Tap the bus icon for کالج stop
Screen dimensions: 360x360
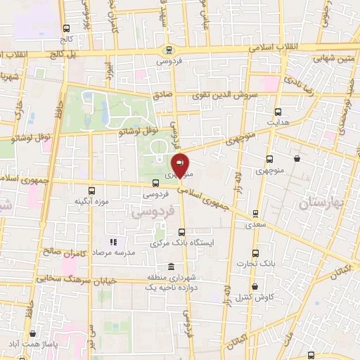pos(66,29)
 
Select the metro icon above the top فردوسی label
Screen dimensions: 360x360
pos(169,49)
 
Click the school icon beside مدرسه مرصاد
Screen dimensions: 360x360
pos(112,242)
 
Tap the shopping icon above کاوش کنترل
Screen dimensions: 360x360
pos(254,287)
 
